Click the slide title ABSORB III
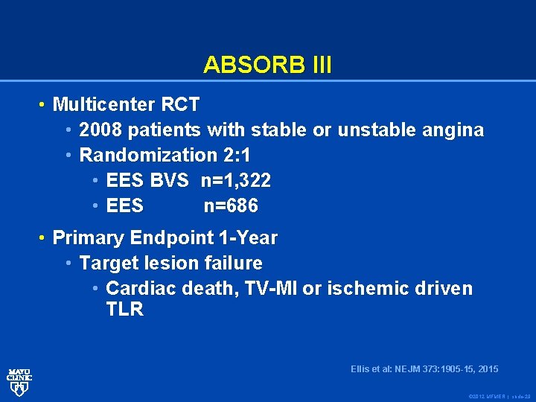(x=267, y=65)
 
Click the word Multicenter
(x=105, y=104)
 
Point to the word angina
(x=458, y=130)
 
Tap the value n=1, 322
(x=236, y=180)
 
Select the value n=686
(x=231, y=205)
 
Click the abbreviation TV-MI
(x=268, y=289)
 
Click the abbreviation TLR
(x=124, y=310)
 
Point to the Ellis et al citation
(x=424, y=369)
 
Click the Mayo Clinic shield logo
(x=19, y=382)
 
